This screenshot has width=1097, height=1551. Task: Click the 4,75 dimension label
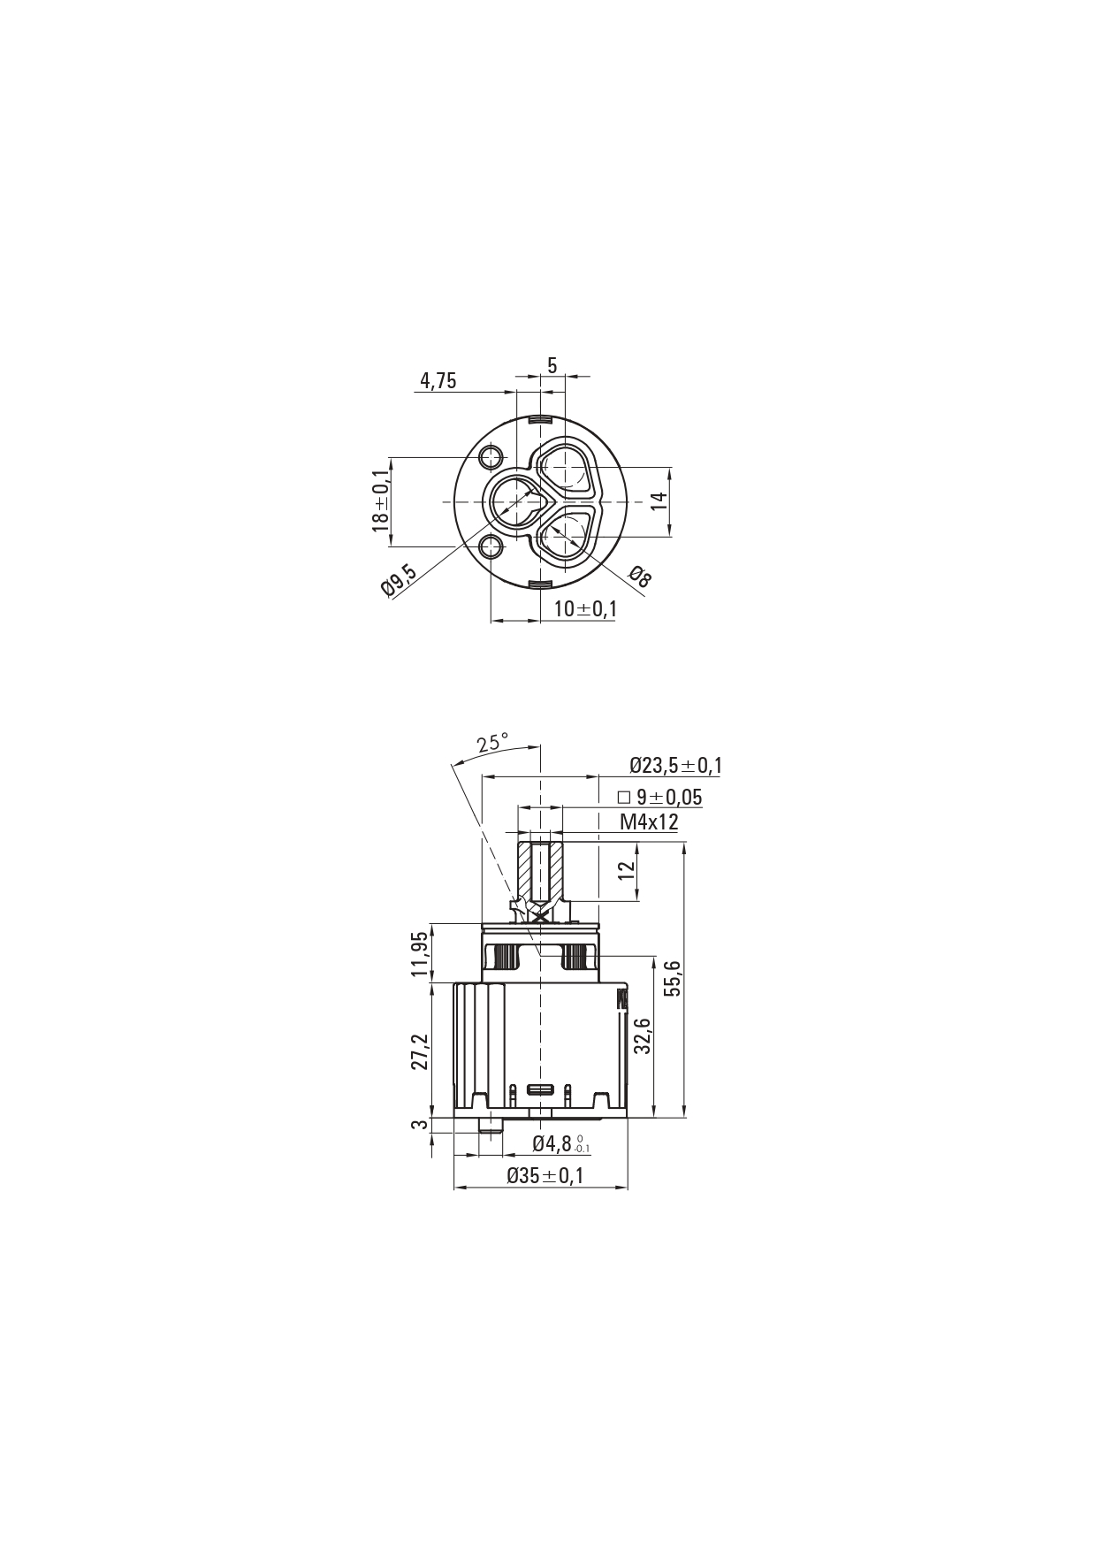pyautogui.click(x=438, y=381)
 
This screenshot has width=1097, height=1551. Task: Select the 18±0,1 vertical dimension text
pyautogui.click(x=380, y=500)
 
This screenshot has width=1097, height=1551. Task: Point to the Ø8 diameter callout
pyautogui.click(x=641, y=577)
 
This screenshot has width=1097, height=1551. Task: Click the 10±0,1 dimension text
pyautogui.click(x=585, y=608)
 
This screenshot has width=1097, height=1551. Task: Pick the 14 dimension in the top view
pyautogui.click(x=658, y=500)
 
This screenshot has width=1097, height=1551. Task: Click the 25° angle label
pyautogui.click(x=492, y=743)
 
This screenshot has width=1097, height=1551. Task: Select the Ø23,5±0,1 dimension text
pyautogui.click(x=675, y=766)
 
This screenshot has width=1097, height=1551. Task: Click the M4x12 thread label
pyautogui.click(x=649, y=822)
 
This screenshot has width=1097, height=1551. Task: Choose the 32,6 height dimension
pyautogui.click(x=643, y=1035)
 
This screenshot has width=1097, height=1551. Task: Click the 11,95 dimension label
pyautogui.click(x=420, y=953)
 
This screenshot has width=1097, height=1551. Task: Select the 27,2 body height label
pyautogui.click(x=420, y=1051)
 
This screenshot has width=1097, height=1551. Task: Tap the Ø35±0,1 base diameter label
pyautogui.click(x=545, y=1176)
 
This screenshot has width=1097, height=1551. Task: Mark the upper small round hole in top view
pyautogui.click(x=491, y=457)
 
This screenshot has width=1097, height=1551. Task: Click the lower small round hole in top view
pyautogui.click(x=491, y=547)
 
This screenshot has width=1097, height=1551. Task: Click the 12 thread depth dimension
pyautogui.click(x=627, y=869)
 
